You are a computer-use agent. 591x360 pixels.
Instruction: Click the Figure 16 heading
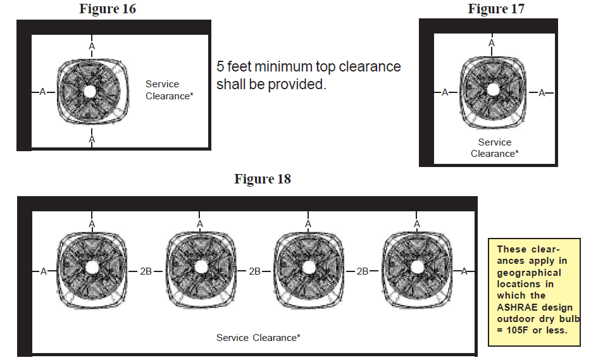(x=108, y=9)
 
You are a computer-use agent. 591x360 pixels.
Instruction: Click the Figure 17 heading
(x=495, y=9)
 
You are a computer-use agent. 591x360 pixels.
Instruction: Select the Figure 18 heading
(x=263, y=179)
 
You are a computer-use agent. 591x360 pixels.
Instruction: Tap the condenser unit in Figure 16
(x=89, y=91)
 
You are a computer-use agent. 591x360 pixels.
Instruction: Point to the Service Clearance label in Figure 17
(x=494, y=148)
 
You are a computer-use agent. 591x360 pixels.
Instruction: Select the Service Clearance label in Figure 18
(x=258, y=338)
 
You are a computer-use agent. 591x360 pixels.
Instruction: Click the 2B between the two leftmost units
(x=146, y=271)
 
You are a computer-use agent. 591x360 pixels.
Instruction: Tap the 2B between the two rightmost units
(x=363, y=271)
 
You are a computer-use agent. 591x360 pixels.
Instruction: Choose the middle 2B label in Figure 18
(x=254, y=271)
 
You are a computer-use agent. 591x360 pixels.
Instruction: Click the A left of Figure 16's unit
(x=43, y=92)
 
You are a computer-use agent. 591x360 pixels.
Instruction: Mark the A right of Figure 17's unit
(x=541, y=93)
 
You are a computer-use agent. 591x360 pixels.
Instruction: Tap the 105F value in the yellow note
(x=516, y=329)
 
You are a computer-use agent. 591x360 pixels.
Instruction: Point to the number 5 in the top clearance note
(x=220, y=67)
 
